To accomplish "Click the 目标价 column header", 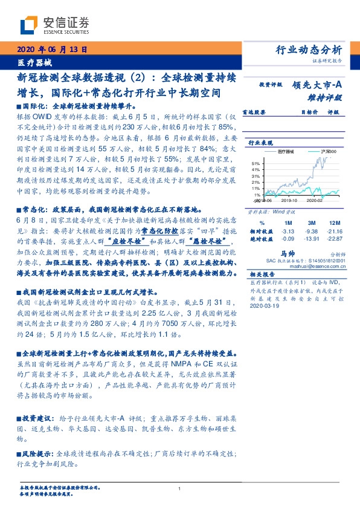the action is click(x=310, y=112).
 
